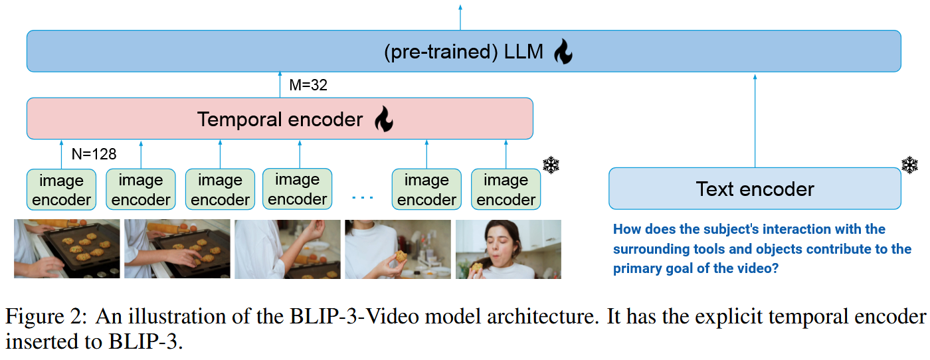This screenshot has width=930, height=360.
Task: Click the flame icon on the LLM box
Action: click(563, 51)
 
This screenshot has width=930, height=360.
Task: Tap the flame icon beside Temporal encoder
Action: click(383, 120)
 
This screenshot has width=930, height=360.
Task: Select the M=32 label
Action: click(308, 85)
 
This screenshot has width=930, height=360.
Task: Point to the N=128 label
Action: click(94, 155)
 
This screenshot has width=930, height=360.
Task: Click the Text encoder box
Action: click(755, 189)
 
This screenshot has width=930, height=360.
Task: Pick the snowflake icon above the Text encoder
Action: click(909, 165)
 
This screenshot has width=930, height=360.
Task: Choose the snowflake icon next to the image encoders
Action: click(551, 165)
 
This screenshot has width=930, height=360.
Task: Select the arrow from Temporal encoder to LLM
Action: click(280, 85)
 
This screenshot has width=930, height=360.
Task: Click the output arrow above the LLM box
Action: click(460, 16)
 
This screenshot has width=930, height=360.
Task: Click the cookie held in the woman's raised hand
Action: click(401, 256)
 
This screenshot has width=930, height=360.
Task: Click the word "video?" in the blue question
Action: click(758, 269)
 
